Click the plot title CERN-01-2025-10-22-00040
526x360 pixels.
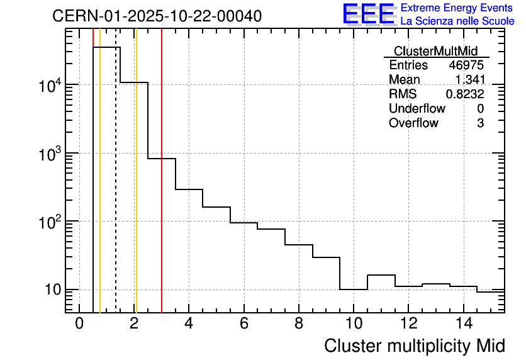pyautogui.click(x=157, y=16)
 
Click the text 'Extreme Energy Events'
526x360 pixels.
pyautogui.click(x=457, y=8)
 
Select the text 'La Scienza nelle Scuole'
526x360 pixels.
pyautogui.click(x=457, y=21)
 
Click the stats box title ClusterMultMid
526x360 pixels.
pyautogui.click(x=435, y=51)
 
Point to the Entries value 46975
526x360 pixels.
pyautogui.click(x=466, y=65)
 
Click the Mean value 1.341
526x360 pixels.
pyautogui.click(x=470, y=80)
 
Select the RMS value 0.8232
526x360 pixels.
pyautogui.click(x=465, y=94)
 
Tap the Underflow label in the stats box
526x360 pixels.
pyautogui.click(x=417, y=109)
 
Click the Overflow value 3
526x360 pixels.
pyautogui.click(x=480, y=123)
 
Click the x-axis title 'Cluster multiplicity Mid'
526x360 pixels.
pyautogui.click(x=415, y=346)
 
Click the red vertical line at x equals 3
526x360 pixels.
pyautogui.click(x=162, y=189)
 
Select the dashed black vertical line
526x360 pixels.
pyautogui.click(x=116, y=189)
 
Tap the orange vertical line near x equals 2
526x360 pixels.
pyautogui.click(x=136, y=189)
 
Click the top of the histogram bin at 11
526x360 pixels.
pyautogui.click(x=381, y=275)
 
